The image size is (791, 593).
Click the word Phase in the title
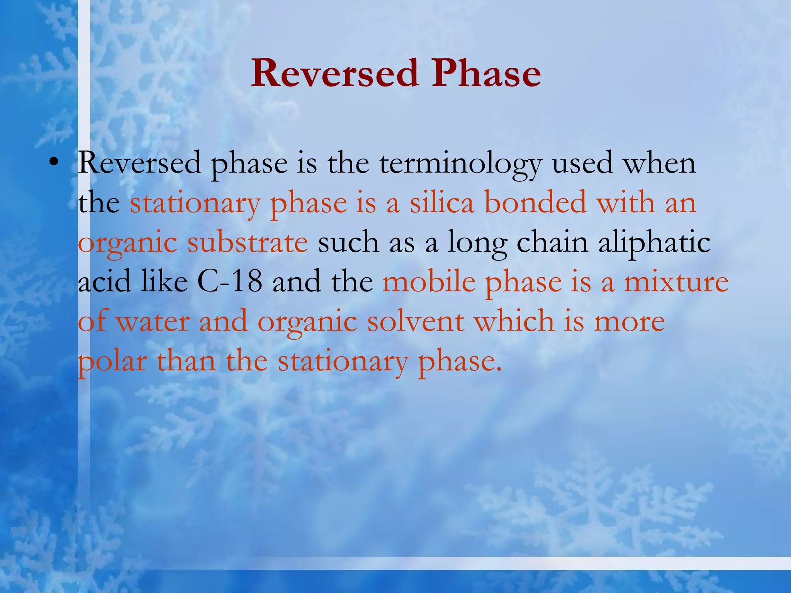tap(485, 73)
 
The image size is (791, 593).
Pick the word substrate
tap(248, 242)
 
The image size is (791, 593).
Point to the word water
tap(153, 322)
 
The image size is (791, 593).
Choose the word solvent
tap(416, 322)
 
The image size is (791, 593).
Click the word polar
tap(112, 362)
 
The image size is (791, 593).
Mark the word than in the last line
tap(186, 361)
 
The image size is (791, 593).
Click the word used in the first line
tap(582, 163)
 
